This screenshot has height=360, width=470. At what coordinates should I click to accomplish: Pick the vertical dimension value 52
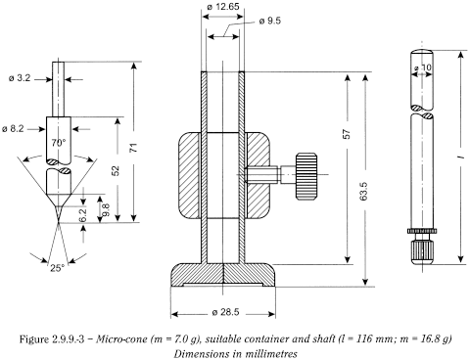click(117, 170)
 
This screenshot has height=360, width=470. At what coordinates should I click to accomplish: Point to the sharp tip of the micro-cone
click(57, 222)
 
